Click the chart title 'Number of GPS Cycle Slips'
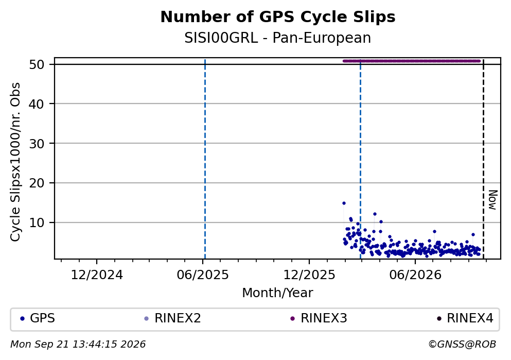(x=278, y=17)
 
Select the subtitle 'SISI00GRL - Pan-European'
(x=278, y=38)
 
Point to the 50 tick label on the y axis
(x=37, y=64)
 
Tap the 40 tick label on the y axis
(x=37, y=104)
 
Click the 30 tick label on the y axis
(x=37, y=144)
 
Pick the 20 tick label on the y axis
(x=37, y=183)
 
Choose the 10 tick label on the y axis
(x=37, y=222)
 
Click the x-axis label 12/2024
(x=97, y=275)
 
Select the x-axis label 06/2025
(x=203, y=275)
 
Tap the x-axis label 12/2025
(x=309, y=275)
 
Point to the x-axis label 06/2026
(x=415, y=275)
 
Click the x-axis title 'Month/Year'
(x=277, y=293)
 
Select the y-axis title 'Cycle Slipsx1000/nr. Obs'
(x=15, y=162)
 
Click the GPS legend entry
(x=38, y=318)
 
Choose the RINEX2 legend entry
(x=172, y=318)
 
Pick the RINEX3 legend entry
(x=319, y=318)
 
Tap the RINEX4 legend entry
(x=465, y=318)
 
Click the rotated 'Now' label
(x=493, y=200)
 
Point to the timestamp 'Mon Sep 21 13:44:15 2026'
(x=78, y=345)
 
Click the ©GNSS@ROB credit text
(x=462, y=345)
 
